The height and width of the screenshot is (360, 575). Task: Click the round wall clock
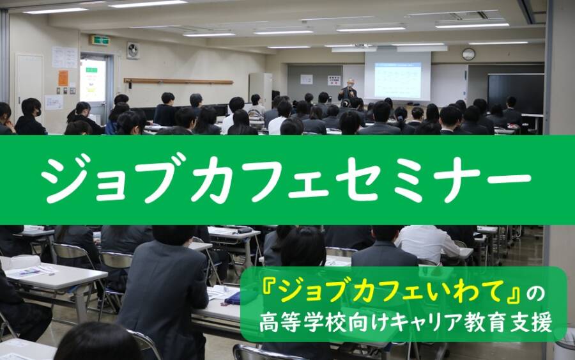coord(468,54)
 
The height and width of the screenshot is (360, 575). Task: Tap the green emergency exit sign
coord(100,40)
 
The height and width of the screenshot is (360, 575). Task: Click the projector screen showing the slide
coord(397,77)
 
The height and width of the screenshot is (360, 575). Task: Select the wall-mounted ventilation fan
coord(133,51)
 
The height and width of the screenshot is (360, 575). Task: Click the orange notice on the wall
coord(63,78)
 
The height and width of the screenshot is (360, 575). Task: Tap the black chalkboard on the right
coord(516,94)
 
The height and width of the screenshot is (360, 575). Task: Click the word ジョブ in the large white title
coord(112,179)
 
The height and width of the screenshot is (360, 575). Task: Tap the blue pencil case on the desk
coord(233,298)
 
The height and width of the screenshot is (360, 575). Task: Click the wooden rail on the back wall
coord(179,81)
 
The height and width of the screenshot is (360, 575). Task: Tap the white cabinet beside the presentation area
coord(261,90)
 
